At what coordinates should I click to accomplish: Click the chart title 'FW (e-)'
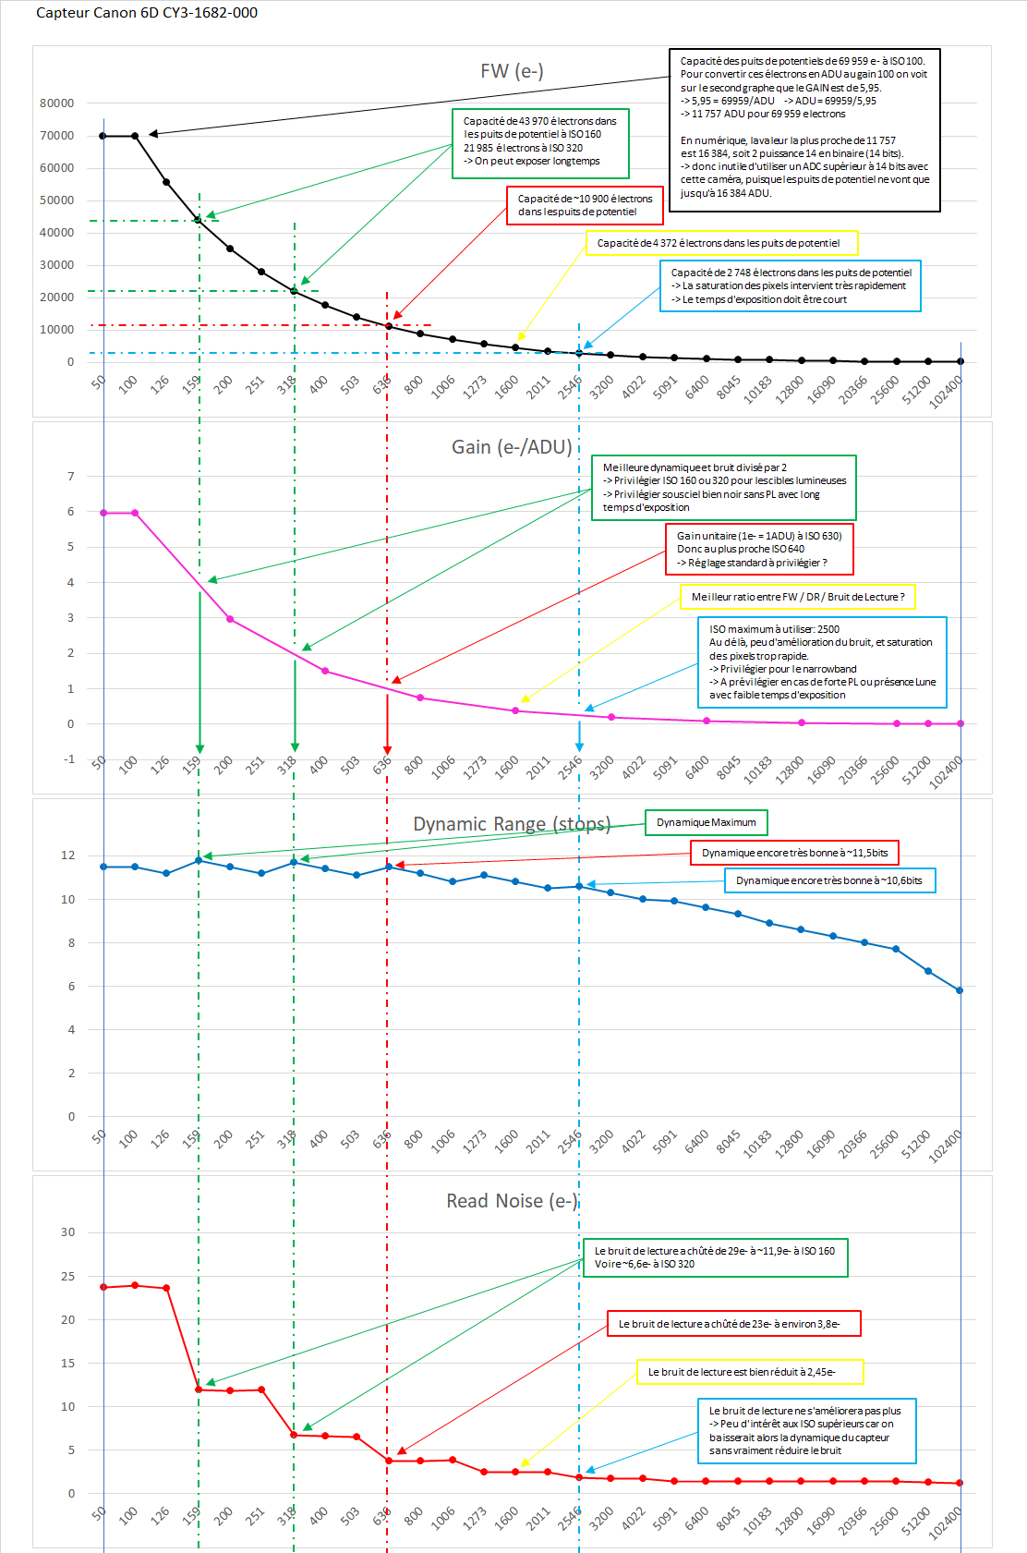pos(512,71)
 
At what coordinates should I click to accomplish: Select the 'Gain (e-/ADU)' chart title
pos(512,447)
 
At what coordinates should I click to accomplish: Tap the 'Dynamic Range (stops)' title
pos(512,824)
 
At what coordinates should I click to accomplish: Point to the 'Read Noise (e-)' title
pos(512,1201)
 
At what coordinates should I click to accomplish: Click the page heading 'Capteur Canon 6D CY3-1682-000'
pos(147,13)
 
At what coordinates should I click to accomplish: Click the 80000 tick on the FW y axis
pos(57,103)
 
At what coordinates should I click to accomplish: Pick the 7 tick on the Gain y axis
pos(70,477)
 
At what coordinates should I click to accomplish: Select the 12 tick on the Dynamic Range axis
pos(68,855)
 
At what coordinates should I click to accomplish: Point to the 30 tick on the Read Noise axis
pos(68,1232)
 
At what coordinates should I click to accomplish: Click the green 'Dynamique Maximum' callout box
pos(706,822)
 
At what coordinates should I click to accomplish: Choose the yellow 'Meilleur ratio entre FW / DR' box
pos(798,597)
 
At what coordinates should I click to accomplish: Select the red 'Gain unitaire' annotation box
pos(759,549)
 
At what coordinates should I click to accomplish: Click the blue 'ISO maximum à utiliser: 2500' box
pos(822,662)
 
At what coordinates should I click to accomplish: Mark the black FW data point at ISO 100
pos(135,136)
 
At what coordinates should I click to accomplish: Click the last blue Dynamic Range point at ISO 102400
pos(960,990)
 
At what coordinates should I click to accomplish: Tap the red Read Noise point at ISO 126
pos(166,1288)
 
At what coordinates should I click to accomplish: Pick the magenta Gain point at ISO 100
pos(135,513)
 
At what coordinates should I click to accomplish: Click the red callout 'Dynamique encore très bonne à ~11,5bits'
pos(794,853)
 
